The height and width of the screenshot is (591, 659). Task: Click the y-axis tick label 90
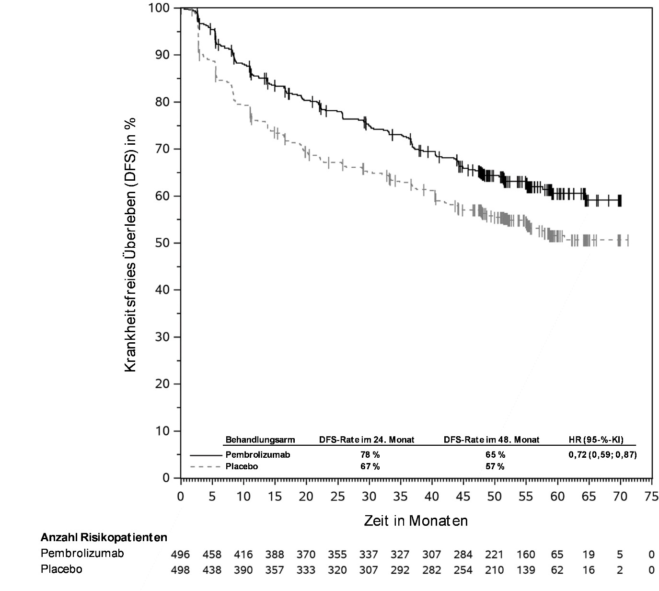tap(162, 55)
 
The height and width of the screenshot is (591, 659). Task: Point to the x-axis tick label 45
tap(463, 497)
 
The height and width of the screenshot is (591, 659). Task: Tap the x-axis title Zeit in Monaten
tap(416, 521)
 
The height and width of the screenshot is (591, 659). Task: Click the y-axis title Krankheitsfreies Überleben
tap(130, 244)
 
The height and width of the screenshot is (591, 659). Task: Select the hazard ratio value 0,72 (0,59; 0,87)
tap(602, 455)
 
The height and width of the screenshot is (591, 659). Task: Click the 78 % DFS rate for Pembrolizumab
tap(370, 455)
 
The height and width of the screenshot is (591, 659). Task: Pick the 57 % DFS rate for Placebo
tap(495, 466)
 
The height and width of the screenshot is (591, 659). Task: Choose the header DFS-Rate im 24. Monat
tap(367, 440)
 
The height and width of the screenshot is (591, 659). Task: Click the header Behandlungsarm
tap(260, 440)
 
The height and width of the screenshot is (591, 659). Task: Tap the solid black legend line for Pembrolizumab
tap(206, 454)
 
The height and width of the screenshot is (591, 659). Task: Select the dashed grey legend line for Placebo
tap(206, 466)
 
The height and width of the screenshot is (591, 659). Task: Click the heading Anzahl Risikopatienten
tap(104, 537)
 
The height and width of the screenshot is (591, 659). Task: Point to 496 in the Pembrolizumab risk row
tap(181, 555)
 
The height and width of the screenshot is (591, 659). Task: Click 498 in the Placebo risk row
tap(181, 570)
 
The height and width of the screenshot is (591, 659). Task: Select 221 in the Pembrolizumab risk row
tap(495, 555)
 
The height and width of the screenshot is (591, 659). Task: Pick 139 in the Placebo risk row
tap(526, 570)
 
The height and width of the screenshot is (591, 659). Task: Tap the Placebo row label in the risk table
tap(61, 569)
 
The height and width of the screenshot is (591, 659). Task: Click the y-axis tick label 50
tap(162, 243)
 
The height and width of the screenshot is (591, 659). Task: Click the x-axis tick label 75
tap(651, 497)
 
